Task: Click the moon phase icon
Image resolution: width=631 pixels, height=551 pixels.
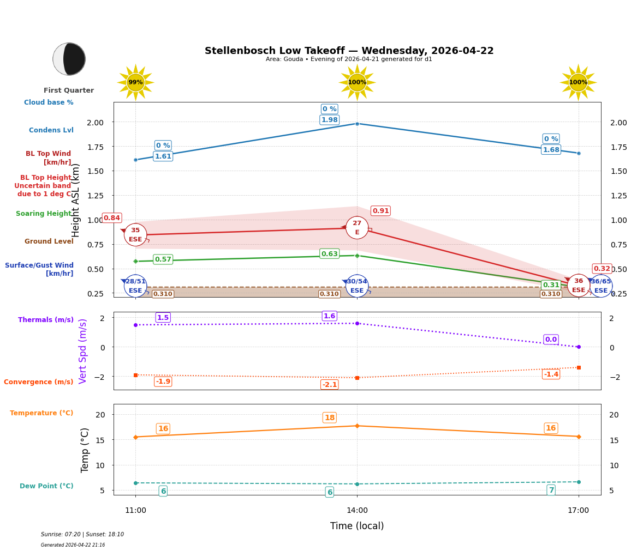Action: click(69, 59)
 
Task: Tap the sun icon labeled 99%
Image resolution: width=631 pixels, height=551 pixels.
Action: click(135, 82)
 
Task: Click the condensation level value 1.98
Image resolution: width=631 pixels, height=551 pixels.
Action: click(329, 120)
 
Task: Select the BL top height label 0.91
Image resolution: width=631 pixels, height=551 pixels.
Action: click(380, 211)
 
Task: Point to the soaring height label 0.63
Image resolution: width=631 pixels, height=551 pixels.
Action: click(329, 254)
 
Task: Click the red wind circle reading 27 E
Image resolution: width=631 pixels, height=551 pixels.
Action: click(357, 228)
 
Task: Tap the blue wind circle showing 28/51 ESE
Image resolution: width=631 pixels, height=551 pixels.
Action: click(135, 286)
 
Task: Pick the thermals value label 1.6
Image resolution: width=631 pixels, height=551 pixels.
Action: click(329, 316)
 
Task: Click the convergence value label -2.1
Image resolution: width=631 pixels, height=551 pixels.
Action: click(329, 385)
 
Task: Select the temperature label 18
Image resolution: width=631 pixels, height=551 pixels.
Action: click(329, 418)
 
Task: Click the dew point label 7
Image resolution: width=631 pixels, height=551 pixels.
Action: click(551, 491)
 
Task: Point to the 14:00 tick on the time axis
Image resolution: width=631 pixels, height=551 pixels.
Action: click(357, 511)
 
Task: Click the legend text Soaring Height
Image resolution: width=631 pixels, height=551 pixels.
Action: click(44, 214)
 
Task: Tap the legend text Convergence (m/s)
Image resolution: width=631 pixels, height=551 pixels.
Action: click(39, 382)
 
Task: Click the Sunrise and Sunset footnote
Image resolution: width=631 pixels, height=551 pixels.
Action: click(82, 535)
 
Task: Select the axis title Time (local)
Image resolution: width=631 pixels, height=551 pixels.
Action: click(357, 526)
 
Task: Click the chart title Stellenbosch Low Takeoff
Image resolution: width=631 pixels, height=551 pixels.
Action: click(349, 51)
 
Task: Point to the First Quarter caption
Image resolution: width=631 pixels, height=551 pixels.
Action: click(69, 90)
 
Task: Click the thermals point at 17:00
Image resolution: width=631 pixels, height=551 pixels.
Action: click(579, 347)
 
